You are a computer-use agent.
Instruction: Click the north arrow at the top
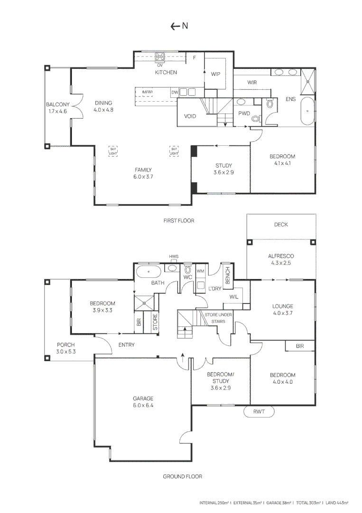pyautogui.click(x=179, y=26)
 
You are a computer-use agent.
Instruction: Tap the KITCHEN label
pyautogui.click(x=166, y=73)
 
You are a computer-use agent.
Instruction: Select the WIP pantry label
pyautogui.click(x=216, y=74)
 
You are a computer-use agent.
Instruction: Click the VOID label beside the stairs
pyautogui.click(x=190, y=115)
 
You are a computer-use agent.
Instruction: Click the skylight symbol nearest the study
pyautogui.click(x=174, y=152)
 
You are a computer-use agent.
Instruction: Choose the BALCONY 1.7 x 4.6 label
pyautogui.click(x=58, y=108)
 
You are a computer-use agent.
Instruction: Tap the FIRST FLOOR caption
pyautogui.click(x=178, y=220)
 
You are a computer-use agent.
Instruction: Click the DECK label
pyautogui.click(x=281, y=225)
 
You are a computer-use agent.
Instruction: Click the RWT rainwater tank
pyautogui.click(x=259, y=412)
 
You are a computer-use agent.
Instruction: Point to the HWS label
pyautogui.click(x=174, y=257)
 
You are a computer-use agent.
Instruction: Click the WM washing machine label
pyautogui.click(x=200, y=271)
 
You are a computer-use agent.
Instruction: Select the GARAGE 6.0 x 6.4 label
pyautogui.click(x=143, y=402)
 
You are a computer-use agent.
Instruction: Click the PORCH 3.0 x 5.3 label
pyautogui.click(x=65, y=348)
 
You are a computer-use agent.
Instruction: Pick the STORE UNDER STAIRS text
pyautogui.click(x=218, y=318)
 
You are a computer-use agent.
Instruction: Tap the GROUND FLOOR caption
pyautogui.click(x=182, y=476)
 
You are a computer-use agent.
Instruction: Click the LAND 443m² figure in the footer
pyautogui.click(x=336, y=502)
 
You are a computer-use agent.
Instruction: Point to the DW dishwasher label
pyautogui.click(x=175, y=92)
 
